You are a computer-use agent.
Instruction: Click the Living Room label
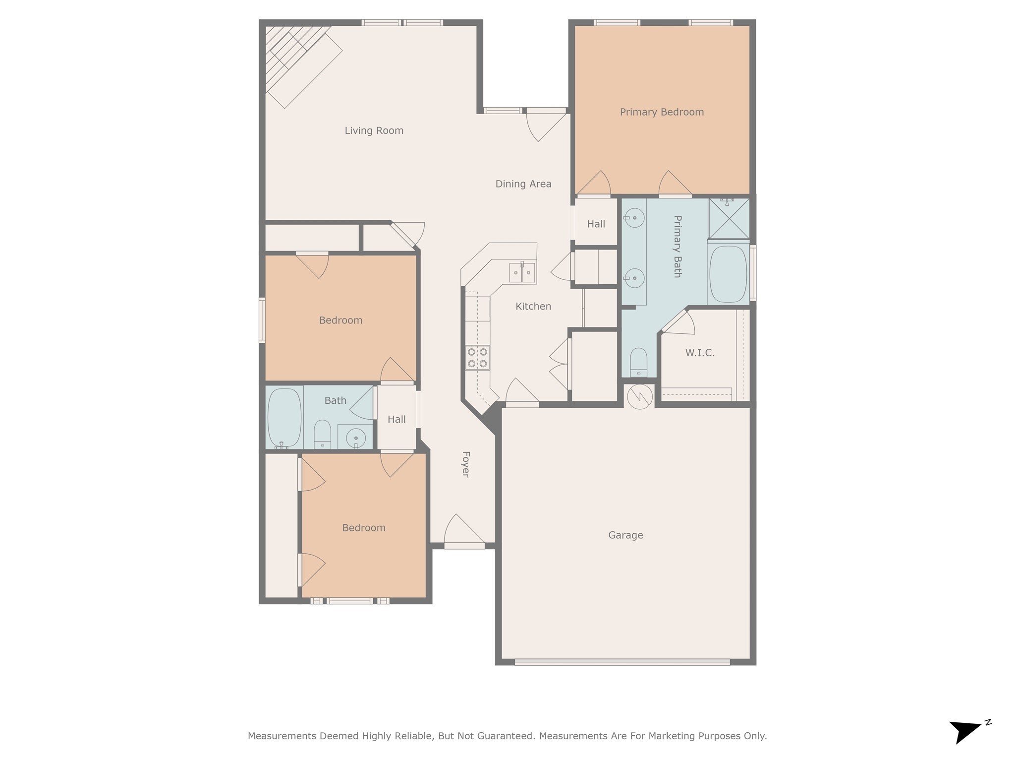tap(374, 130)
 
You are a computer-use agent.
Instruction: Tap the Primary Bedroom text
tap(662, 112)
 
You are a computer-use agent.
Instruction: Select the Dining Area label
tap(523, 184)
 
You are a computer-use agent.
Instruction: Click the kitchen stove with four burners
tap(477, 358)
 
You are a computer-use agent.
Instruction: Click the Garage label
tap(625, 535)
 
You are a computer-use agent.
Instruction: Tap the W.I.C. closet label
tap(700, 353)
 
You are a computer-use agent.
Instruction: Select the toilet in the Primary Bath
tap(638, 362)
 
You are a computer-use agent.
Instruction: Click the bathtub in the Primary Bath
tap(728, 274)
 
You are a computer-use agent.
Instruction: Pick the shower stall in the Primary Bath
tap(729, 218)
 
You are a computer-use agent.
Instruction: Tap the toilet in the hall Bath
tap(322, 434)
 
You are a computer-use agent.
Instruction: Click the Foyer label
tap(465, 464)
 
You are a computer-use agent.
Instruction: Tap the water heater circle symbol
tap(639, 396)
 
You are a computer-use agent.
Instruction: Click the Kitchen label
tap(533, 307)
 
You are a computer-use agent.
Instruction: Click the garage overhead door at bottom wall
tap(622, 662)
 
